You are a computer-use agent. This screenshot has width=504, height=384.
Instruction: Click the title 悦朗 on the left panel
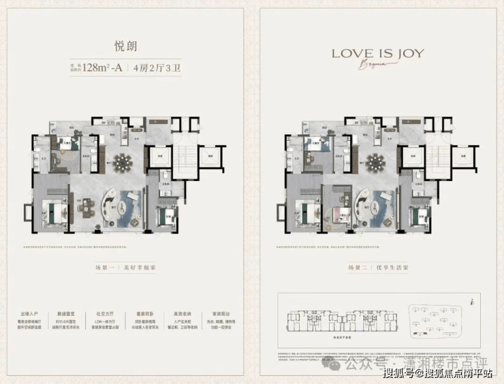(126, 47)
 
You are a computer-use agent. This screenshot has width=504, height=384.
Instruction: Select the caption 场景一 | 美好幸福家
(125, 268)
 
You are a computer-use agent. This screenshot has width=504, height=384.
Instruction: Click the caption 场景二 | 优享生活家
(377, 268)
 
